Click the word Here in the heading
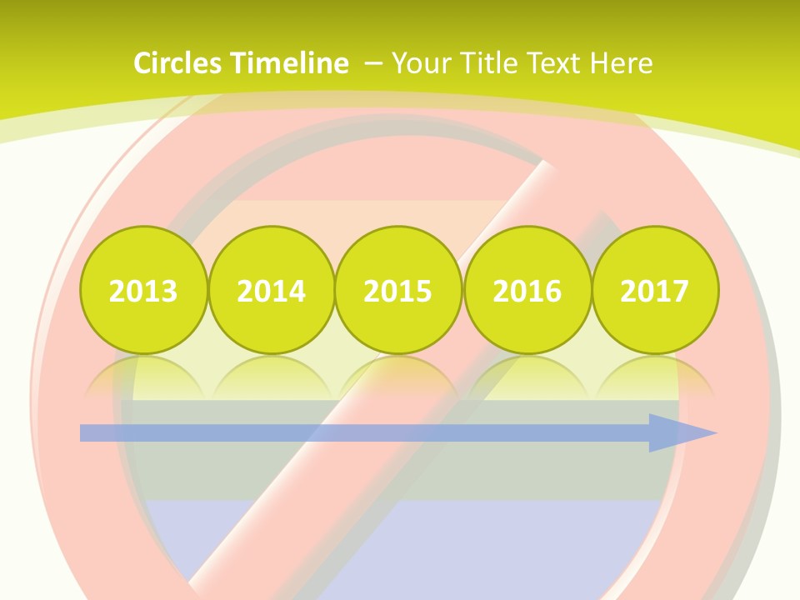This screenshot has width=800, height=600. (x=622, y=63)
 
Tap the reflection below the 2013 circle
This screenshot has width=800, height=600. (x=143, y=377)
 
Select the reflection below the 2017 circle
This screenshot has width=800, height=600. (x=655, y=377)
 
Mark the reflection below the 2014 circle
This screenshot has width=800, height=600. (x=272, y=377)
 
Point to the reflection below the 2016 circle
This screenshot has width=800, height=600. (x=527, y=377)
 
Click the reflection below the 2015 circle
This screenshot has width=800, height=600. (x=398, y=377)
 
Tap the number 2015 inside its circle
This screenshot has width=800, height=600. (x=398, y=291)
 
